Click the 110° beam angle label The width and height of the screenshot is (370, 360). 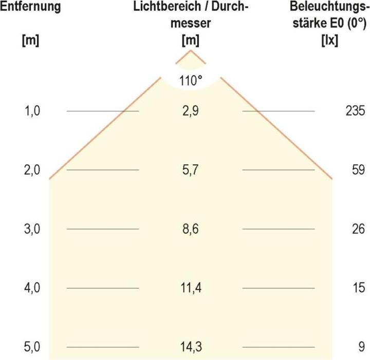191,81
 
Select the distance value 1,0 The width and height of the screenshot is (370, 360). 32,111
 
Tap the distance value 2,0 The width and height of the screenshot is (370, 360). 32,170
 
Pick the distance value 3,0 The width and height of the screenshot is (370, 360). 32,229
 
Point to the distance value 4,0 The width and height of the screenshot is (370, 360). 32,288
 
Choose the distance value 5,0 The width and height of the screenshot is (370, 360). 32,347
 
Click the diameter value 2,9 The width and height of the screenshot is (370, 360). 191,111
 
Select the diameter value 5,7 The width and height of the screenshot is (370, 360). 191,170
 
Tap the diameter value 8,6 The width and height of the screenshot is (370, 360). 191,229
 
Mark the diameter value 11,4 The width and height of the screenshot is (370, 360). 191,288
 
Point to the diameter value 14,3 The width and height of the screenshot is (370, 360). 191,347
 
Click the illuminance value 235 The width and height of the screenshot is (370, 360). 355,111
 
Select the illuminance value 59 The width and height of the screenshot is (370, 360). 358,170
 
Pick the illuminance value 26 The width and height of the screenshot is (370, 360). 358,229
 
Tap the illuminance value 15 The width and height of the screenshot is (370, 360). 358,288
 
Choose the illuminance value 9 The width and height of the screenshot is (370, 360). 361,347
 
